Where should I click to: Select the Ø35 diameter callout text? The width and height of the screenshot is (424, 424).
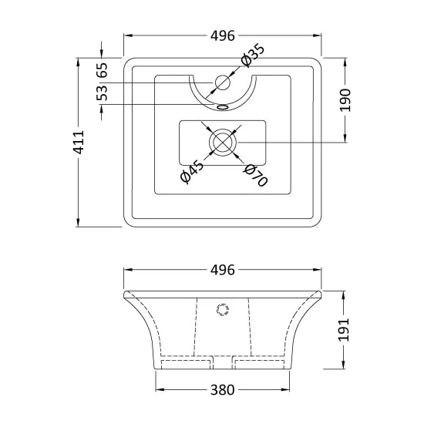tap(252, 56)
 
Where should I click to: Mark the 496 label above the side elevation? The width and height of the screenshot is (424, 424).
tap(222, 270)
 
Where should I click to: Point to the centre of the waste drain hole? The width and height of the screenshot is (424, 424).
tap(224, 142)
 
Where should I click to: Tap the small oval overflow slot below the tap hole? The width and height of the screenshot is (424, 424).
tap(224, 106)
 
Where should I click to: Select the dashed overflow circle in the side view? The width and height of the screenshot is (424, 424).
tap(224, 310)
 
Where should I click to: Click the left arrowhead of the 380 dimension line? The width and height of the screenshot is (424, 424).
tap(160, 389)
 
